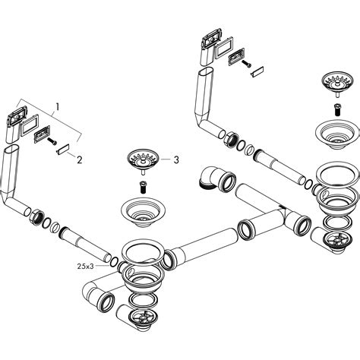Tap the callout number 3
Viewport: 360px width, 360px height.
(x=176, y=159)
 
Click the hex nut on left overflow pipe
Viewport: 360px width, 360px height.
(x=35, y=219)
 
